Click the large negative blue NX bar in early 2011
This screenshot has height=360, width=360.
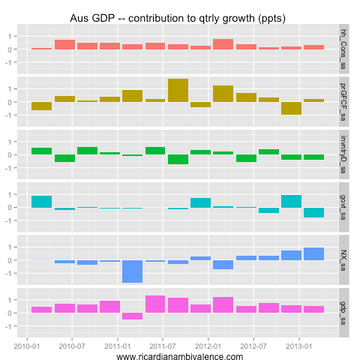pyautogui.click(x=133, y=271)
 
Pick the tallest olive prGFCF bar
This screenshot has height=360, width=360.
pyautogui.click(x=178, y=90)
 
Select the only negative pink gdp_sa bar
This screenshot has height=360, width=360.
pyautogui.click(x=133, y=316)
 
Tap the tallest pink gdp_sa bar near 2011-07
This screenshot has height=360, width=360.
pyautogui.click(x=155, y=304)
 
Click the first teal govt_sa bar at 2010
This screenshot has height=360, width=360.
pyautogui.click(x=42, y=201)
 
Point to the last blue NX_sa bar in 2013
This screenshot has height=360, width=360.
pyautogui.click(x=314, y=254)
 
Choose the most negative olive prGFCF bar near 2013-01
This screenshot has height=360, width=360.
pyautogui.click(x=292, y=108)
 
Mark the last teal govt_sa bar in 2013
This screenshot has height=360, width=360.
pyautogui.click(x=314, y=212)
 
